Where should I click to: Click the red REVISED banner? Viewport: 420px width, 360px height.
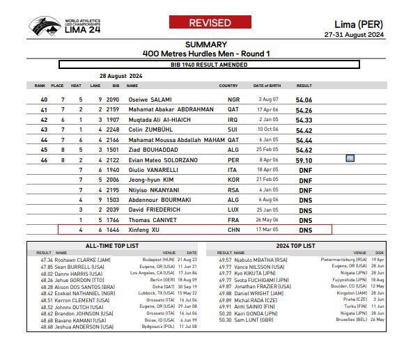[210, 23]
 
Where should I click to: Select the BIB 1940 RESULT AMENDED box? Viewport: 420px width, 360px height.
[209, 65]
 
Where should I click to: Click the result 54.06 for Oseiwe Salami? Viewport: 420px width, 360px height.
[304, 100]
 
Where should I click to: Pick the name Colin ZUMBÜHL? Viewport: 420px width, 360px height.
[149, 130]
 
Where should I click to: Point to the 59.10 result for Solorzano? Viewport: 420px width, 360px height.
[304, 159]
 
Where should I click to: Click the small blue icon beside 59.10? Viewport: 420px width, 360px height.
[350, 159]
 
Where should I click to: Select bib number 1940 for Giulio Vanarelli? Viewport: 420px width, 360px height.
[113, 169]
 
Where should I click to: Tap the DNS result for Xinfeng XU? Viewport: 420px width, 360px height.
[305, 229]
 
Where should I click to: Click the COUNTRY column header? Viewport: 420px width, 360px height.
[228, 86]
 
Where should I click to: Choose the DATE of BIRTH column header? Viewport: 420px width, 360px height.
[266, 86]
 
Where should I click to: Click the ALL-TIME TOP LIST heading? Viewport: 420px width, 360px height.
[111, 246]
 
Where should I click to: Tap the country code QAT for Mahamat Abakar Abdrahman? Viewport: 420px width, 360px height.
[233, 109]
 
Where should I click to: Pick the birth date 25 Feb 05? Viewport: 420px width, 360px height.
[268, 150]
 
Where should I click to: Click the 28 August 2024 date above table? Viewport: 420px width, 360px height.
[120, 76]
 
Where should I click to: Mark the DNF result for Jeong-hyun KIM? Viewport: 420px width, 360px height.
[305, 180]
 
